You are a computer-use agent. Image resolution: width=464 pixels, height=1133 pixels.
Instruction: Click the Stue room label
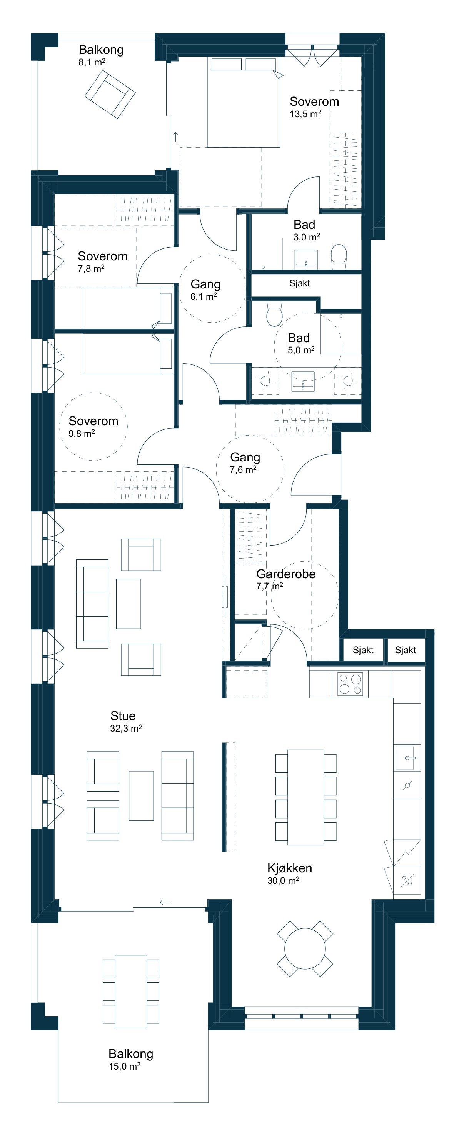click(123, 715)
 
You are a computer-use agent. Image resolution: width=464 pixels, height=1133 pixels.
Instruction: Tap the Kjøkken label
click(290, 868)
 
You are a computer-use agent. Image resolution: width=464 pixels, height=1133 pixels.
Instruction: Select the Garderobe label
click(286, 574)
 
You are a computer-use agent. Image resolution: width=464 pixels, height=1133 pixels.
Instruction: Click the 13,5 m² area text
click(305, 114)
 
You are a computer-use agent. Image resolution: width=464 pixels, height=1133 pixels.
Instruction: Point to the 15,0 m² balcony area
click(125, 1066)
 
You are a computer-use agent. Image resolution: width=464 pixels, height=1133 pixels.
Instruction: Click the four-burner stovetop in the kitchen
click(351, 684)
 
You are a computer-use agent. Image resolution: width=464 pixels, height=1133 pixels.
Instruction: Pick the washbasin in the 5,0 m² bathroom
click(303, 381)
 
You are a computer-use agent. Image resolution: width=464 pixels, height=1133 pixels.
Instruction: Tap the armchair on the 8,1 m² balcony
click(110, 95)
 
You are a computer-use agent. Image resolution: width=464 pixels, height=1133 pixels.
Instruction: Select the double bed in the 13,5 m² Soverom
click(244, 102)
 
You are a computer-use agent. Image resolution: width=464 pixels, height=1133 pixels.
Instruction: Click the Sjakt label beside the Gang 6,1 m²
click(299, 283)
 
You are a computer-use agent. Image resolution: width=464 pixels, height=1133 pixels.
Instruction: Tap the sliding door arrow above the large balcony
click(165, 902)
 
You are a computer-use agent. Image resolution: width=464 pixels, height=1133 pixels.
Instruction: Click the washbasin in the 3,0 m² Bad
click(306, 259)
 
